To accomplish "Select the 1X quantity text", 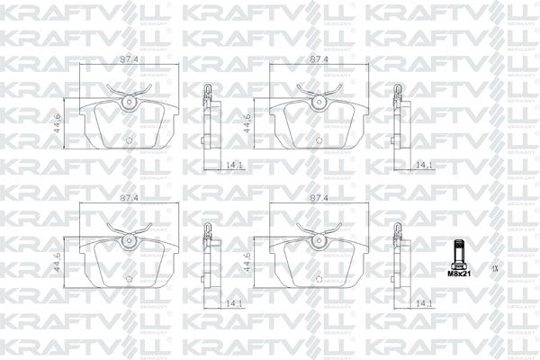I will click(494, 267).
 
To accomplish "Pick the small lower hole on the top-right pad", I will click(319, 141).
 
